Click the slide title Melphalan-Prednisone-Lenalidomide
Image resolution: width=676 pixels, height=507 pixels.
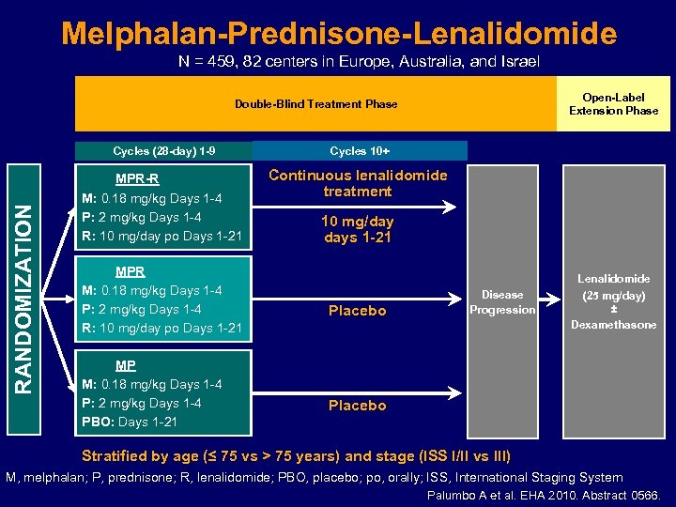pyautogui.click(x=339, y=35)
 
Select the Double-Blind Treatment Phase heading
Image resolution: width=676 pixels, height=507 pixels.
pyautogui.click(x=315, y=104)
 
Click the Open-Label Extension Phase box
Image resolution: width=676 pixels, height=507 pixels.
pyautogui.click(x=613, y=104)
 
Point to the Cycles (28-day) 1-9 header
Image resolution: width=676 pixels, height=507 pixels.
pyautogui.click(x=164, y=150)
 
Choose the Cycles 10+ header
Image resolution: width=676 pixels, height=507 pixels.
pyautogui.click(x=360, y=150)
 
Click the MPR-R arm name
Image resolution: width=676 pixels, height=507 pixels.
pyautogui.click(x=137, y=179)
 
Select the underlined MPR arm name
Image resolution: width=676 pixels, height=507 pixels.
pyautogui.click(x=130, y=271)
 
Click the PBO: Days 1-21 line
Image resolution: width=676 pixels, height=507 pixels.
pyautogui.click(x=130, y=422)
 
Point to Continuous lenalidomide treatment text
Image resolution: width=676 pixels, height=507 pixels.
pyautogui.click(x=357, y=183)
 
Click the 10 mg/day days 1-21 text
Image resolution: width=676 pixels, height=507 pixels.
pyautogui.click(x=357, y=229)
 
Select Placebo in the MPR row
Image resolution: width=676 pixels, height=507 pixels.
pyautogui.click(x=357, y=311)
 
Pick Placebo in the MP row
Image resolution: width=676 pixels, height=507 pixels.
pyautogui.click(x=357, y=406)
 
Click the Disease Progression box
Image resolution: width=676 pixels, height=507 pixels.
pyautogui.click(x=502, y=302)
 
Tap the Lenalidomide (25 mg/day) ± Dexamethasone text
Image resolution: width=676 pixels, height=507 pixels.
pyautogui.click(x=613, y=301)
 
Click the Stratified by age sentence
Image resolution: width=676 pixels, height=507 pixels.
pyautogui.click(x=297, y=456)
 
